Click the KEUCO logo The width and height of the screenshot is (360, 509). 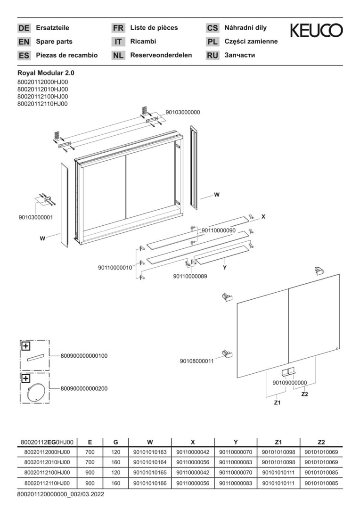pyautogui.click(x=316, y=31)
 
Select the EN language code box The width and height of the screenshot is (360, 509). pyautogui.click(x=24, y=41)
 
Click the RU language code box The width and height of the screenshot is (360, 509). pyautogui.click(x=213, y=55)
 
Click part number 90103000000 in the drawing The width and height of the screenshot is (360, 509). pyautogui.click(x=183, y=112)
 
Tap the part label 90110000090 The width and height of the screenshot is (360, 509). pyautogui.click(x=219, y=230)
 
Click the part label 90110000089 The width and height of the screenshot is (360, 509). pyautogui.click(x=190, y=276)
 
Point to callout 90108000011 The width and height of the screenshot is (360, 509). pyautogui.click(x=196, y=361)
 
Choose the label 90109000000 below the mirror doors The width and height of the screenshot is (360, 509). pyautogui.click(x=290, y=383)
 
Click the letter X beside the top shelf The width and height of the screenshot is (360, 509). pyautogui.click(x=263, y=216)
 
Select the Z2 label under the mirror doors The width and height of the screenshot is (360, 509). pyautogui.click(x=304, y=394)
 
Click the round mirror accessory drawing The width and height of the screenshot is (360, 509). pyautogui.click(x=34, y=392)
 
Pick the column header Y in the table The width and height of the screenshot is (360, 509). pyautogui.click(x=236, y=442)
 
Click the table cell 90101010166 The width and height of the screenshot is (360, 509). pyautogui.click(x=150, y=483)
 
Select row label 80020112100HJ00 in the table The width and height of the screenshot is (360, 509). pyautogui.click(x=47, y=473)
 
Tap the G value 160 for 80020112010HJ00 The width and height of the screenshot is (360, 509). pyautogui.click(x=116, y=462)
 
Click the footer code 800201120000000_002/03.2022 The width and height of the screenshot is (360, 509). pyautogui.click(x=60, y=494)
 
